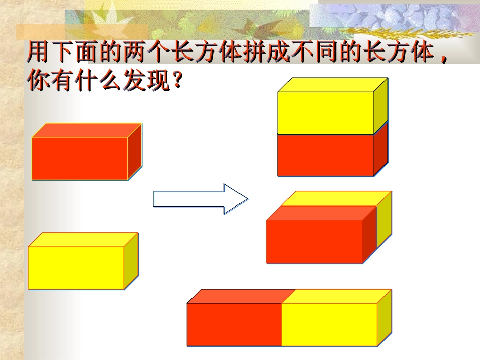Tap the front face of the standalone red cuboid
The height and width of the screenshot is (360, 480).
(x=80, y=158)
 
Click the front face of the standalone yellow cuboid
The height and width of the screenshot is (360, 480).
(x=76, y=268)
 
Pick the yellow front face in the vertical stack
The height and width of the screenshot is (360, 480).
(x=325, y=113)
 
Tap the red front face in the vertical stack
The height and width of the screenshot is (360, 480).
(x=325, y=155)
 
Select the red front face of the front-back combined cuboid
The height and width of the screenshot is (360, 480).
(x=314, y=241)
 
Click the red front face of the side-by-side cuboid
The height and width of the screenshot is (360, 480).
(x=234, y=325)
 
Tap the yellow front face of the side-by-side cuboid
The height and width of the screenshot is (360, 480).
(x=329, y=325)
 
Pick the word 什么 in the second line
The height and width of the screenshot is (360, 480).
(x=96, y=81)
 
